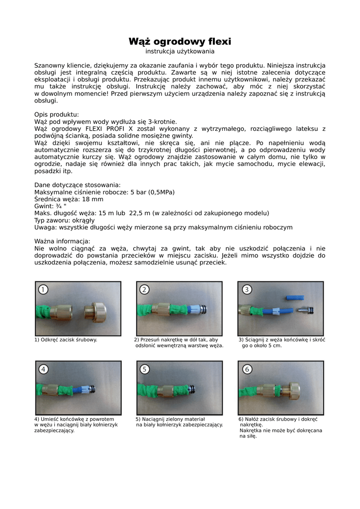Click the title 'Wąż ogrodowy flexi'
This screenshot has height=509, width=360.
(x=180, y=41)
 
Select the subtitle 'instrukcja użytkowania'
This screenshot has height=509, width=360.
(x=180, y=51)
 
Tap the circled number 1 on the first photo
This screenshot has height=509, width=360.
(x=44, y=290)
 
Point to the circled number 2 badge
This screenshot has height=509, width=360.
(x=145, y=290)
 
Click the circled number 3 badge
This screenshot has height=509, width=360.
(x=247, y=290)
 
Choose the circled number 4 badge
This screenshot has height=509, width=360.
(x=44, y=369)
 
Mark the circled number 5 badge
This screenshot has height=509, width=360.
(x=145, y=369)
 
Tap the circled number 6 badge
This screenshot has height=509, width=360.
(x=247, y=369)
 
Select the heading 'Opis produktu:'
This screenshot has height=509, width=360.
(x=57, y=114)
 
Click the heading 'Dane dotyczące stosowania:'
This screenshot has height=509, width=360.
(x=77, y=185)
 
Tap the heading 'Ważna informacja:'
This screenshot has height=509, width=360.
(x=62, y=242)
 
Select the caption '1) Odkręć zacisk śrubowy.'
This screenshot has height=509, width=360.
(x=66, y=339)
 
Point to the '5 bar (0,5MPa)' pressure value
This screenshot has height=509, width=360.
(x=156, y=192)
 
